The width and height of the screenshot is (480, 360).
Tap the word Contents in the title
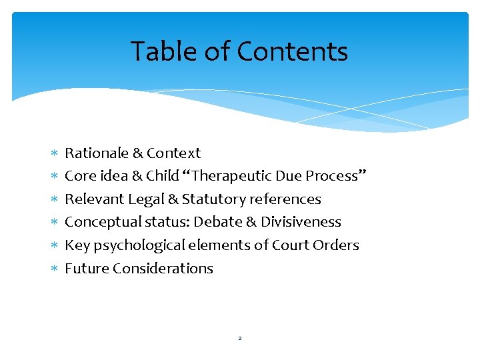click(292, 52)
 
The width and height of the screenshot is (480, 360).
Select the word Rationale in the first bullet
click(96, 153)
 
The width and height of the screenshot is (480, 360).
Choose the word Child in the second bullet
click(163, 176)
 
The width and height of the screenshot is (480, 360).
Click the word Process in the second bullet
click(333, 176)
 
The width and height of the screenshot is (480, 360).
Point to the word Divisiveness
click(301, 222)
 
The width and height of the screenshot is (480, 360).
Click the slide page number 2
click(240, 339)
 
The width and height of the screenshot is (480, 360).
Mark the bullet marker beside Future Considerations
click(55, 269)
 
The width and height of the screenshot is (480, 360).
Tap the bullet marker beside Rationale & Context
click(55, 154)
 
